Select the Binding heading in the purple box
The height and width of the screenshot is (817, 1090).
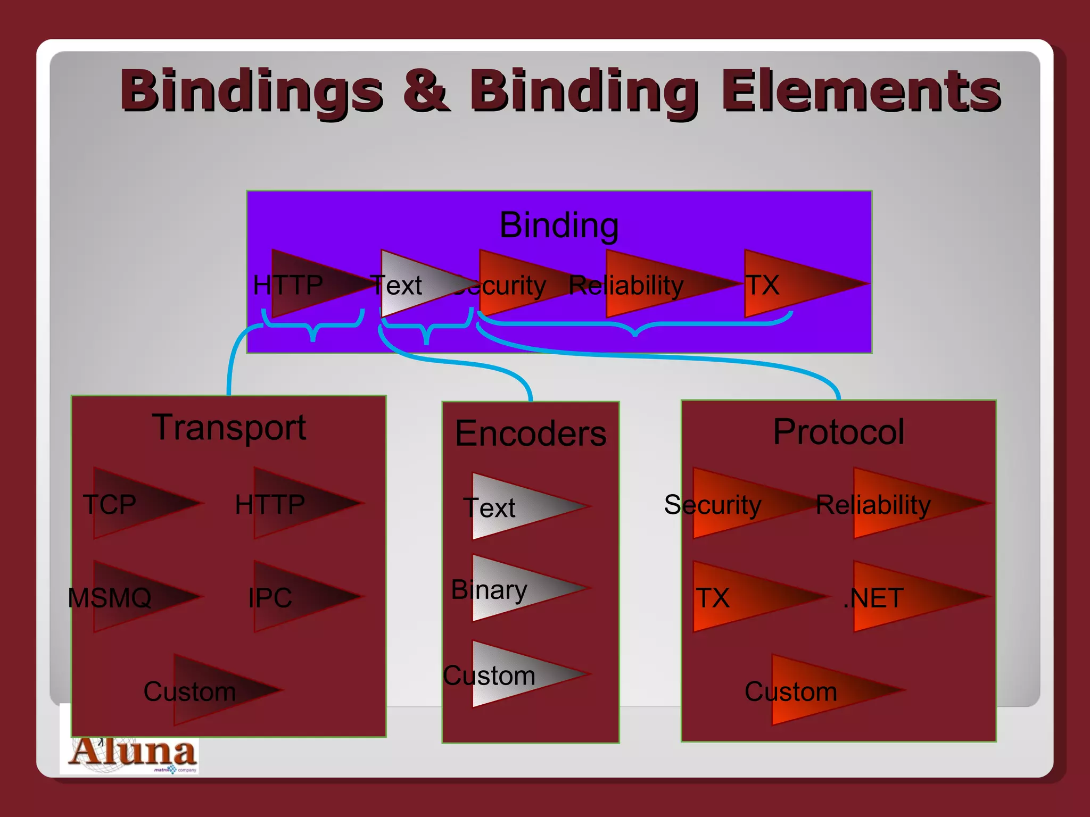click(x=559, y=225)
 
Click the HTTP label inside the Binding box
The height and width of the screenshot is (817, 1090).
click(x=287, y=285)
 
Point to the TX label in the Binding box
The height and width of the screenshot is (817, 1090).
click(x=762, y=285)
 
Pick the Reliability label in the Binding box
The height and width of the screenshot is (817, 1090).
click(x=626, y=286)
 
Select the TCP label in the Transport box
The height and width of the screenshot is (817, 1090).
click(x=110, y=504)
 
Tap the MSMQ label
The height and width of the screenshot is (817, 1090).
click(x=110, y=598)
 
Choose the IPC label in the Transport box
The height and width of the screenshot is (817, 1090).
click(x=270, y=598)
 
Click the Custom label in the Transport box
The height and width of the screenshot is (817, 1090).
click(x=189, y=691)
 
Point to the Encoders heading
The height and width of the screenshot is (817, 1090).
click(x=531, y=433)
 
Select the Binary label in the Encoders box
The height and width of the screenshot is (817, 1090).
click(x=489, y=589)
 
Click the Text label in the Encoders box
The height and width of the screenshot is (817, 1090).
click(x=489, y=507)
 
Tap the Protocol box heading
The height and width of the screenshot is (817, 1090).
click(x=838, y=431)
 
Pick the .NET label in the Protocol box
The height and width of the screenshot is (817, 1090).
click(x=873, y=598)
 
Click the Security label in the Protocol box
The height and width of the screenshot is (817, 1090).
click(x=713, y=504)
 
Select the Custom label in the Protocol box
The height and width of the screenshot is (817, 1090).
click(x=790, y=691)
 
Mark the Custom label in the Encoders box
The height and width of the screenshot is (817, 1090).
click(x=489, y=676)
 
